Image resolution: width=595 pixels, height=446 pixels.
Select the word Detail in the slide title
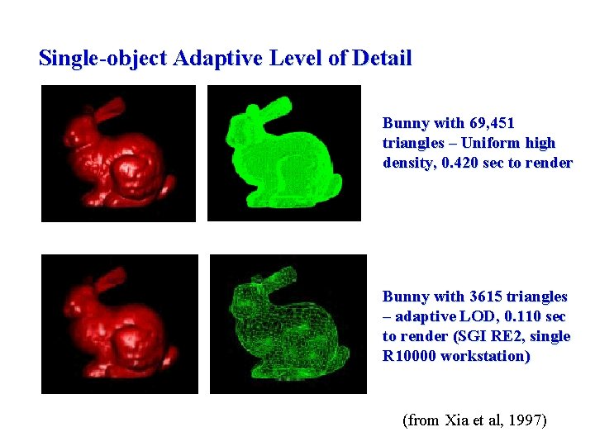tap(381, 59)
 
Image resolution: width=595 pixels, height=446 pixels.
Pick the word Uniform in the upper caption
tap(487, 143)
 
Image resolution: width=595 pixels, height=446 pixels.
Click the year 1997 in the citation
tap(526, 420)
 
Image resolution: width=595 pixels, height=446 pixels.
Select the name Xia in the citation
tap(455, 420)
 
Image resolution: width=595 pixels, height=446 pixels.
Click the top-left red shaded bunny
tap(117, 157)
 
